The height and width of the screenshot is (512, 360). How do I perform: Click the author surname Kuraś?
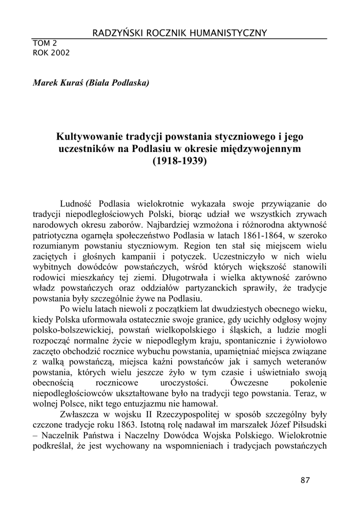(69, 83)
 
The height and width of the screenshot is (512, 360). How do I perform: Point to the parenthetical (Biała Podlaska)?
(117, 83)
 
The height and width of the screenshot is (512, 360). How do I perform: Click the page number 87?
(305, 480)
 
